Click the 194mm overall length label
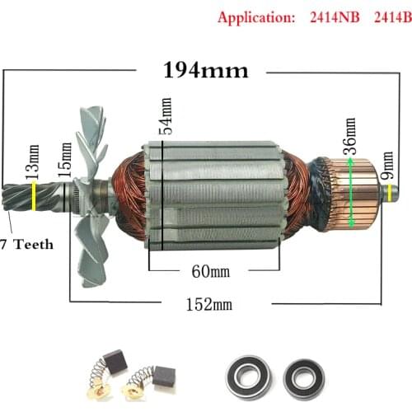click(205, 70)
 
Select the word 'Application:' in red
click(250, 16)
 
